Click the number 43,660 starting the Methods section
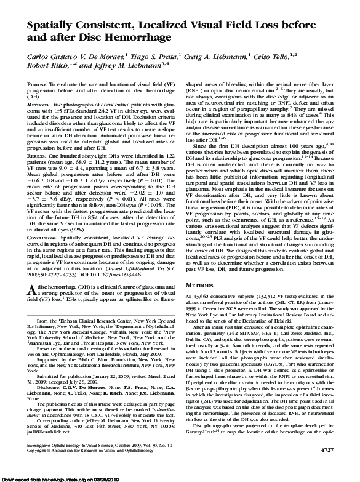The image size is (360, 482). (201, 297)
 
